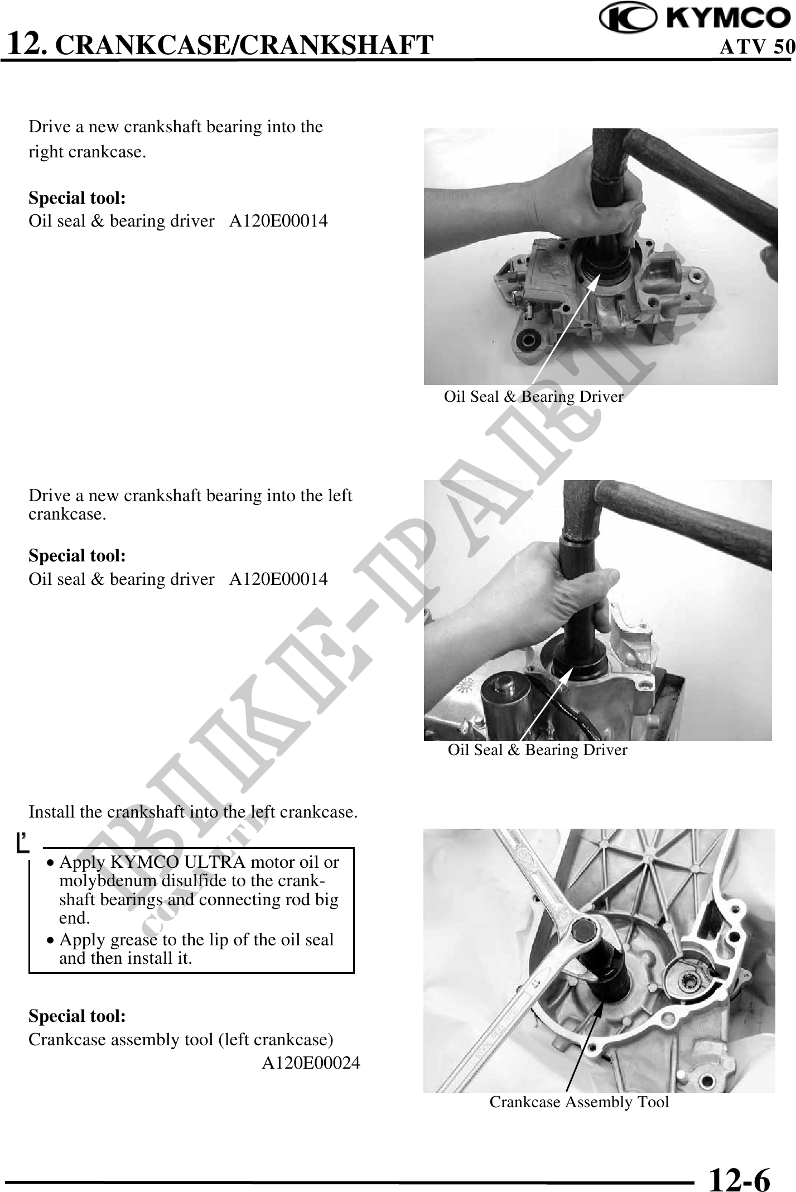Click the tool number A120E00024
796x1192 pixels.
point(311,1063)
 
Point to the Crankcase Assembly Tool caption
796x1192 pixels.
point(579,1102)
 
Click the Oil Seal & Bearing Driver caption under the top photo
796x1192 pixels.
point(534,397)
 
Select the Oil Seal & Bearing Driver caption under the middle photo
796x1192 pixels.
point(538,749)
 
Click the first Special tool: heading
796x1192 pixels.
point(77,198)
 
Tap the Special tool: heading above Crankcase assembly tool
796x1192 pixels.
point(77,1016)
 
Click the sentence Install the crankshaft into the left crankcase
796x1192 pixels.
point(193,811)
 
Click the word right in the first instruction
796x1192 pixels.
point(46,152)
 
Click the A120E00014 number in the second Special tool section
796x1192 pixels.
point(279,579)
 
